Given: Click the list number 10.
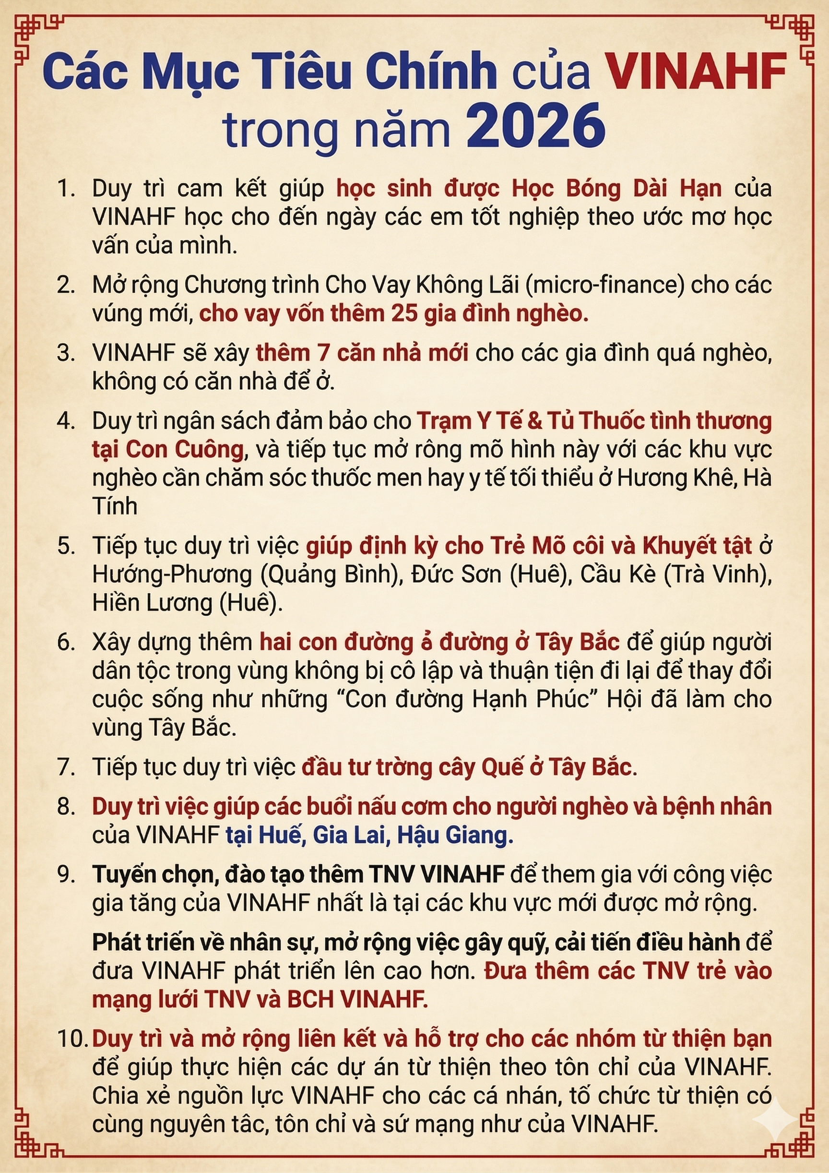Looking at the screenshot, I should tap(72, 1039).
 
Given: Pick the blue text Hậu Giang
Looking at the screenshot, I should tap(451, 835).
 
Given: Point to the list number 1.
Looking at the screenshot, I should tap(66, 189).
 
